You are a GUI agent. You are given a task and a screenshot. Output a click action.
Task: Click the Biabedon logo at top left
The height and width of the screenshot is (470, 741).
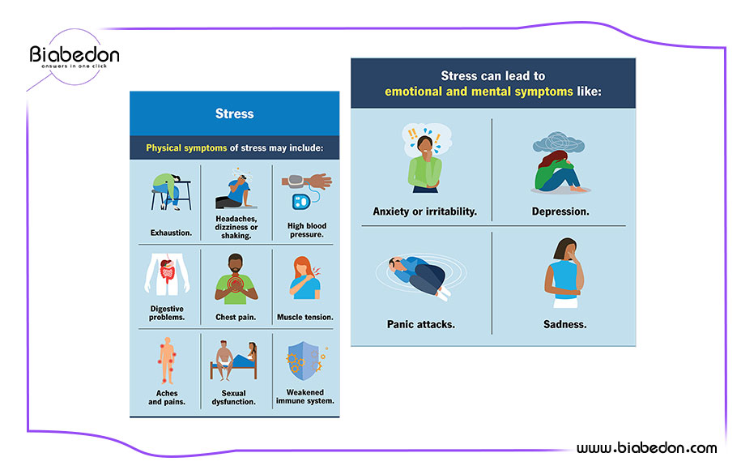click(75, 56)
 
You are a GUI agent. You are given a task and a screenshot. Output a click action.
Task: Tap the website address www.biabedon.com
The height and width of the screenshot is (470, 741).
click(646, 447)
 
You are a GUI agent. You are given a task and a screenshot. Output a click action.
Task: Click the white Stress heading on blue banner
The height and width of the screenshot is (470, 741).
click(234, 113)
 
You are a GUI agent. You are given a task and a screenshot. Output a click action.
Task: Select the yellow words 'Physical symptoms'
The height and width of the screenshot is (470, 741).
click(186, 148)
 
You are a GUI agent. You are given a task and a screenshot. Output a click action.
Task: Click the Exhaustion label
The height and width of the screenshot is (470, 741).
click(171, 233)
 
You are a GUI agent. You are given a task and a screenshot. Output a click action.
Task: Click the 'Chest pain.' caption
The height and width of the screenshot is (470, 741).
click(236, 318)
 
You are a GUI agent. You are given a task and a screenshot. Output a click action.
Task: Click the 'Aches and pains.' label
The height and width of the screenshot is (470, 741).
click(167, 398)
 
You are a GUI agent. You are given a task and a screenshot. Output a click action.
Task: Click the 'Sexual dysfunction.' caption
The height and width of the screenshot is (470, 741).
click(233, 398)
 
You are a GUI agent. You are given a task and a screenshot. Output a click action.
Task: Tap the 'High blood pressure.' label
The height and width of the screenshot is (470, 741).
click(307, 230)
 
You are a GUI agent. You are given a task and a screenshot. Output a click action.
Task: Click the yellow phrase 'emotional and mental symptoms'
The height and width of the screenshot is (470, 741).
click(479, 92)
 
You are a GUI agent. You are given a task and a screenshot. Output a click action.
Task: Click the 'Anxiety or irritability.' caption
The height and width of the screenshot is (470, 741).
click(425, 211)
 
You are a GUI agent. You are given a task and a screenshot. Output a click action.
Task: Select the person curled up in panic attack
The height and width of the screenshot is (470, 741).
click(418, 278)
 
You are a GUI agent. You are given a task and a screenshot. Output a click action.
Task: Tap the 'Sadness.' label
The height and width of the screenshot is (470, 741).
click(564, 324)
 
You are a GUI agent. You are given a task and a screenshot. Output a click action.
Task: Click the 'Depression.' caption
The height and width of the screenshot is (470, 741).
click(560, 211)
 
